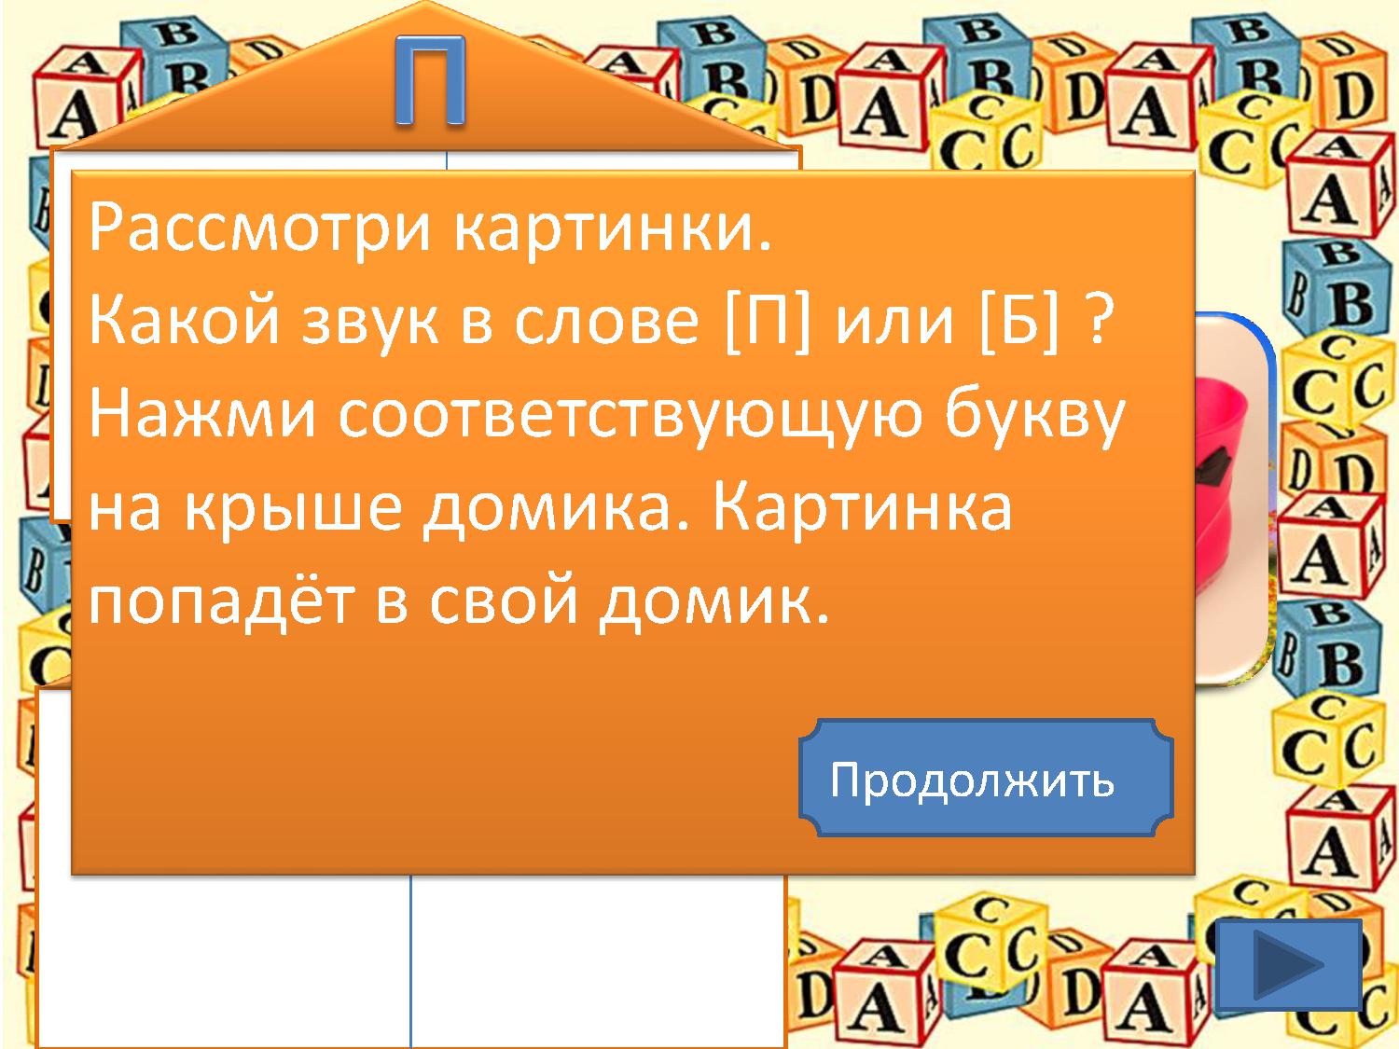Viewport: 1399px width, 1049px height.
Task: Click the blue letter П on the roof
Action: pyautogui.click(x=430, y=80)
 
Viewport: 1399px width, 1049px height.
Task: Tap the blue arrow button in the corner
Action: pyautogui.click(x=1288, y=965)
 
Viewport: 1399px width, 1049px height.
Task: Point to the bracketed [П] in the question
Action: pyautogui.click(x=769, y=319)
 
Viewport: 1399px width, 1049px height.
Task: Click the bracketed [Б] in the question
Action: pyautogui.click(x=1019, y=319)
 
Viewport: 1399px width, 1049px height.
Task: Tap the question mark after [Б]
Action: pyautogui.click(x=1097, y=319)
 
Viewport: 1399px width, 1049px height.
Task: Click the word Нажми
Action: pyautogui.click(x=202, y=415)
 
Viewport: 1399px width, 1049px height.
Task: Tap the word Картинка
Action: pyautogui.click(x=863, y=507)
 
